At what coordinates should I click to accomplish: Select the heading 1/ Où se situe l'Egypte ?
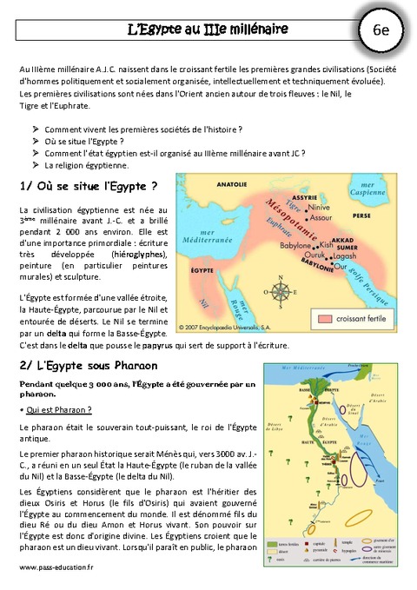click(88, 185)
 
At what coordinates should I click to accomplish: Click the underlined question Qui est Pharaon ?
click(58, 409)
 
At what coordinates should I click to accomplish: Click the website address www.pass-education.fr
click(56, 567)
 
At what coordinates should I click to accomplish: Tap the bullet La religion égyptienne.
click(86, 164)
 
